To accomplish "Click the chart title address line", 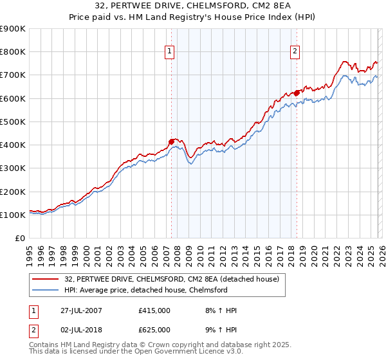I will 193,6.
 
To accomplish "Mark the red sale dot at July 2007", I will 172,141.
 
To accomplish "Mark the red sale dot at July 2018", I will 297,93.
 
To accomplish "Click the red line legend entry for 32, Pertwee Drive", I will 171,279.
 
